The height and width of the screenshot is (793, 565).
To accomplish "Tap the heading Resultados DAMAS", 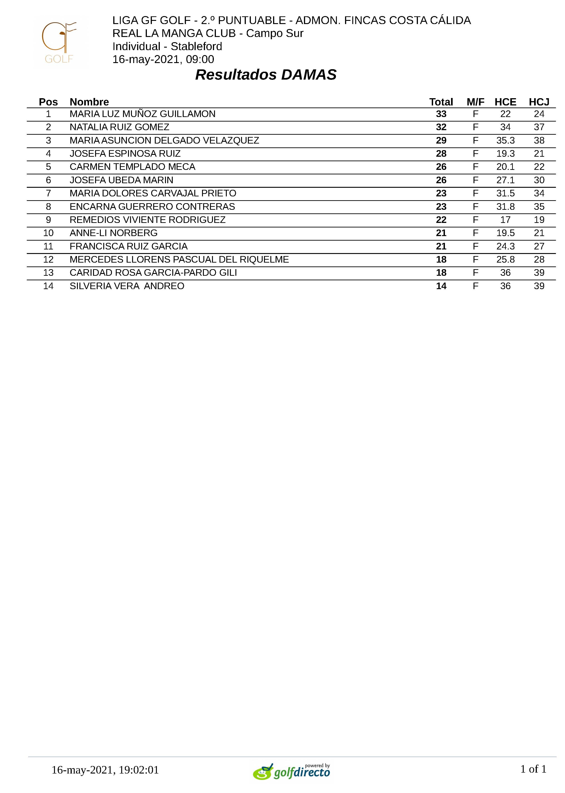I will [x=266, y=75].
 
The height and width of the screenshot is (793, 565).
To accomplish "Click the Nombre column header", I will [x=89, y=102].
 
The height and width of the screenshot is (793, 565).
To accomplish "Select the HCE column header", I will [x=505, y=102].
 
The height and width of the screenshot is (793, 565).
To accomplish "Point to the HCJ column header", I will [x=539, y=102].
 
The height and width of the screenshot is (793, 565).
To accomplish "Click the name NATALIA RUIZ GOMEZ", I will [x=119, y=127].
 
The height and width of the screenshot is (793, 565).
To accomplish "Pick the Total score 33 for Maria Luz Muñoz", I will [x=441, y=114].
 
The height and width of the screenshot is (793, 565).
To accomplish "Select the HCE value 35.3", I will [x=505, y=140].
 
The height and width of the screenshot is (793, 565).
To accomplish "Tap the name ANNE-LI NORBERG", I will [x=113, y=233].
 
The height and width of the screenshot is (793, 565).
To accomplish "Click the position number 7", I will [x=48, y=193].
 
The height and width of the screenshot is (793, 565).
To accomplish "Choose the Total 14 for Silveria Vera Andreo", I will [x=441, y=286].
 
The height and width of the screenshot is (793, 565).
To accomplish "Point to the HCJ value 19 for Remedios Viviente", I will [x=539, y=220].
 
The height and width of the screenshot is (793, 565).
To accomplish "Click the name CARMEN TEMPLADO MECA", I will [x=132, y=167].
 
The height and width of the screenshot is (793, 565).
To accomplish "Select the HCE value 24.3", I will [x=505, y=246].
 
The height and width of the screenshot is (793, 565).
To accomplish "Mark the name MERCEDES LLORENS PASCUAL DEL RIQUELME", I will [x=179, y=260].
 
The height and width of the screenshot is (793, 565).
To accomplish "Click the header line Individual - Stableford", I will [x=167, y=46].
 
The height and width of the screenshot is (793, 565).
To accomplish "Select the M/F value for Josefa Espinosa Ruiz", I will [x=475, y=154].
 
